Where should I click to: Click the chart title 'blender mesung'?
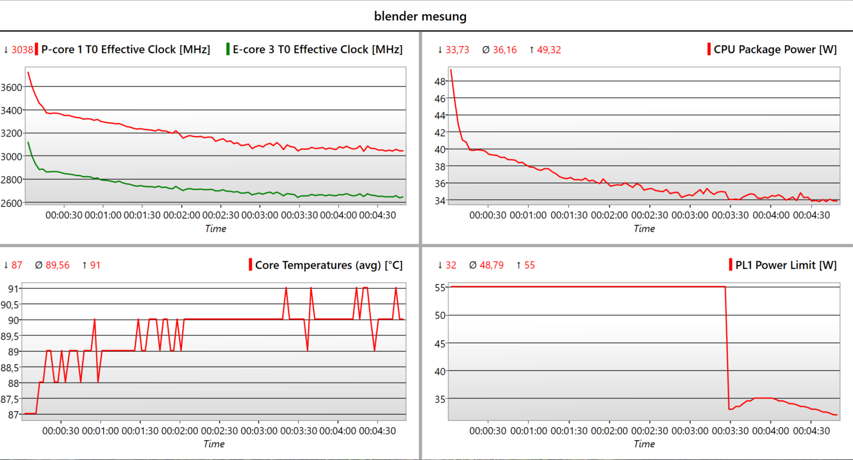coord(420,16)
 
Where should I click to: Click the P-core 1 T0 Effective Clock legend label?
coord(125,49)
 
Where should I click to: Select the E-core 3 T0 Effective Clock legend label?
coord(317,49)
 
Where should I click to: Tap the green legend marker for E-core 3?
coord(228,49)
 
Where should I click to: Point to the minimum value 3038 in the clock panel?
coord(22,49)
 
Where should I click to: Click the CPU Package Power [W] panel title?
coord(775,49)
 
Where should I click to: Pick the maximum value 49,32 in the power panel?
coord(548,50)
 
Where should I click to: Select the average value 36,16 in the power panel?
coord(505,50)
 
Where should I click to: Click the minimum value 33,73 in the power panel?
coord(457,50)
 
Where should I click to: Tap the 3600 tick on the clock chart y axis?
coord(12,87)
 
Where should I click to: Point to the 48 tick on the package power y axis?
coord(440,81)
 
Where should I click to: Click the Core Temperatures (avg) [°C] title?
coord(328,265)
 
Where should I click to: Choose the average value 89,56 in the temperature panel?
coord(57,265)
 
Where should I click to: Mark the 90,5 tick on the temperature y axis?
coord(10,304)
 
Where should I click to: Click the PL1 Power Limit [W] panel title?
coord(786,265)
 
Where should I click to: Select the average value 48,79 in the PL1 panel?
coord(491,265)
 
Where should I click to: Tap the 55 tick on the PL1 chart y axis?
coord(440,288)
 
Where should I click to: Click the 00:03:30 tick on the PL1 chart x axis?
coord(730,431)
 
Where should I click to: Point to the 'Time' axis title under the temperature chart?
coord(214,444)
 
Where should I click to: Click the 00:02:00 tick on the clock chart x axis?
coord(181,215)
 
